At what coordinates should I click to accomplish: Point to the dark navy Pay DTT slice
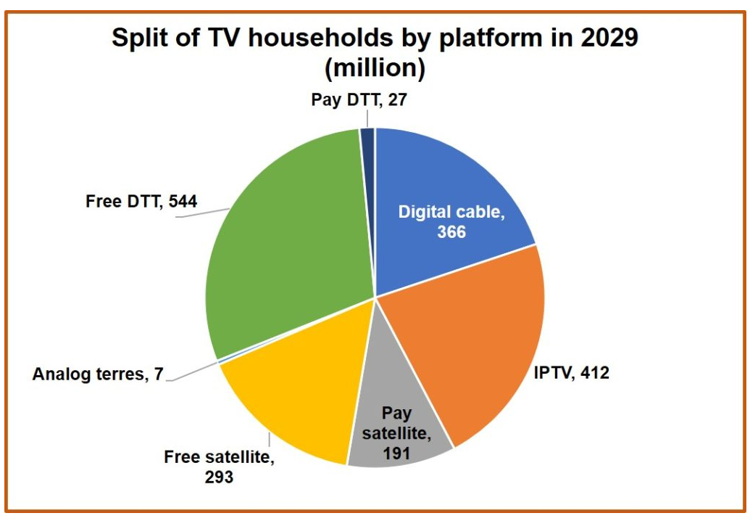368,138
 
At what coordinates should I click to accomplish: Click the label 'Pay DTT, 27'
359,99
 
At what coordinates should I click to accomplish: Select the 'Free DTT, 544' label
141,201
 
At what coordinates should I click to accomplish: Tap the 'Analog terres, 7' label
99,374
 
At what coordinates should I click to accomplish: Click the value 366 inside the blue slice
451,232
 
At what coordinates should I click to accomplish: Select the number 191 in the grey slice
397,454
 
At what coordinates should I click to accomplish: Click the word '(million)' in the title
375,69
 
